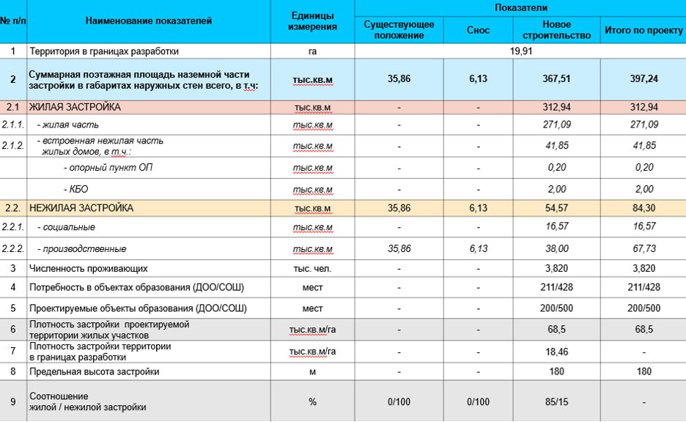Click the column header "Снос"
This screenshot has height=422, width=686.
coord(478,30)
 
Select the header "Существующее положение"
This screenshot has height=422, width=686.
coord(399,30)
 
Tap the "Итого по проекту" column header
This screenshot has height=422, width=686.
coord(643,30)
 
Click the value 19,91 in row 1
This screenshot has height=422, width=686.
coord(519,51)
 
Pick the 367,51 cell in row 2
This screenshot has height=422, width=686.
coord(556,79)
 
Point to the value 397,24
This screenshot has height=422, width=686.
coord(643,79)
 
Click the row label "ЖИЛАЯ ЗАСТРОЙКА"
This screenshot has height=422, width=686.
coord(75,108)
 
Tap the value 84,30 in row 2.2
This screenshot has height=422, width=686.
coord(643,208)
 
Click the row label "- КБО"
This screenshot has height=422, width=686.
coord(76,189)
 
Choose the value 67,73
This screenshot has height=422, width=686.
coord(643,249)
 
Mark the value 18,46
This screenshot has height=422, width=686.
coord(556,351)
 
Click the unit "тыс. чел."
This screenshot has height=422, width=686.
coord(312,269)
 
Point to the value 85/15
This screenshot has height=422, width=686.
coord(556,401)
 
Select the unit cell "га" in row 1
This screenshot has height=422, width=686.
coord(312,51)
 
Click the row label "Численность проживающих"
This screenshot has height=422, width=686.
coord(88,269)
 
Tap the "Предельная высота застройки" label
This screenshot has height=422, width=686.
coord(94,371)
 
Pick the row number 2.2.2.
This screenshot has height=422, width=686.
coord(12,249)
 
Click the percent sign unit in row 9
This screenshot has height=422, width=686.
coord(312,401)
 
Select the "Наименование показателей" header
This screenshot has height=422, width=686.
coord(149,21)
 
